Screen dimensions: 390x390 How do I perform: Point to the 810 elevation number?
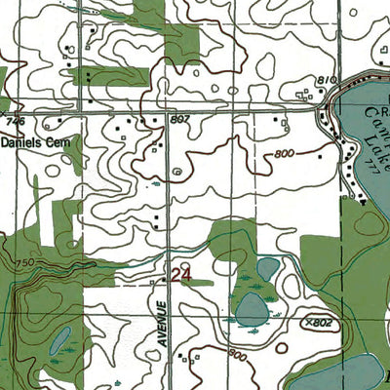tap(327, 79)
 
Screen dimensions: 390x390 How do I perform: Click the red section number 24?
tap(180, 276)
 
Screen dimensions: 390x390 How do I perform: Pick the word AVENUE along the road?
tap(165, 327)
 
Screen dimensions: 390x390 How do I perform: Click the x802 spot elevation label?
tap(318, 321)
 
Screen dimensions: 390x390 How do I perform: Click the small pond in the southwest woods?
tap(59, 339)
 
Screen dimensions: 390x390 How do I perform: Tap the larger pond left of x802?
tap(252, 309)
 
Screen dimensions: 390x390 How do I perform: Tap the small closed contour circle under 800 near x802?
tap(282, 347)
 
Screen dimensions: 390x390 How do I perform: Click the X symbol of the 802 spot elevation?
tap(307, 321)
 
